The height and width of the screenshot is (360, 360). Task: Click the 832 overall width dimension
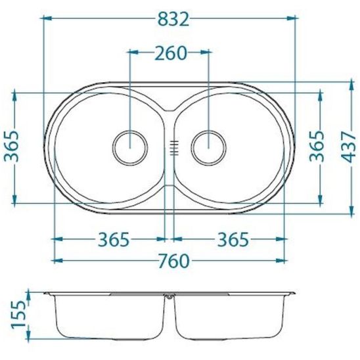pos(173,19)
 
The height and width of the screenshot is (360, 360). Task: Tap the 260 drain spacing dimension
pos(171,53)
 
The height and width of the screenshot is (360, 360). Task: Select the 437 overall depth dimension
pos(348,147)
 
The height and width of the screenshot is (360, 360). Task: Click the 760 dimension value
pos(174,261)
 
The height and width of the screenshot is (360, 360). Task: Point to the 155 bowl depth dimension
pos(18,315)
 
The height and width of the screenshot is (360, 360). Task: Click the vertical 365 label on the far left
pos(11,146)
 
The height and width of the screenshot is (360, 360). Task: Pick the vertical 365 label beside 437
pos(317,146)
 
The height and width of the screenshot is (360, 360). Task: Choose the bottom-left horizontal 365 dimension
pos(114,240)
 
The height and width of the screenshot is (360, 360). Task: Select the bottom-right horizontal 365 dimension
pos(233,240)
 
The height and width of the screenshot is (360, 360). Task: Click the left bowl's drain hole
pos(130,148)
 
